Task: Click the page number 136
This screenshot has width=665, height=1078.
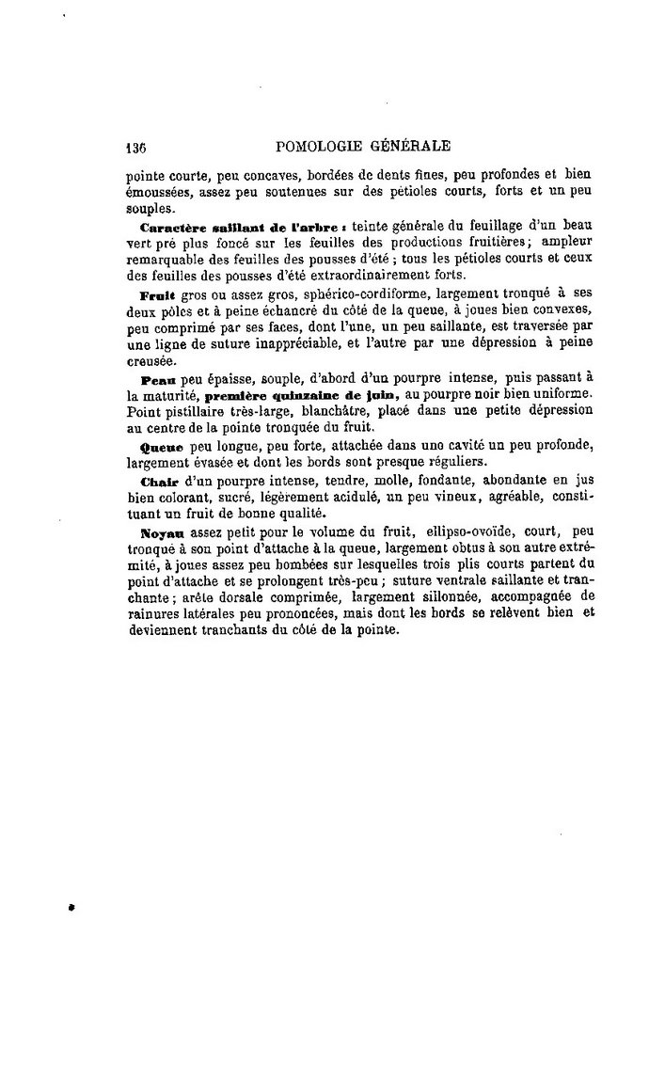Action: [139, 147]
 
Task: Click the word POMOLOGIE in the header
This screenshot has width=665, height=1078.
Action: [317, 146]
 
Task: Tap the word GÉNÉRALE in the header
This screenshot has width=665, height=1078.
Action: [406, 146]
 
